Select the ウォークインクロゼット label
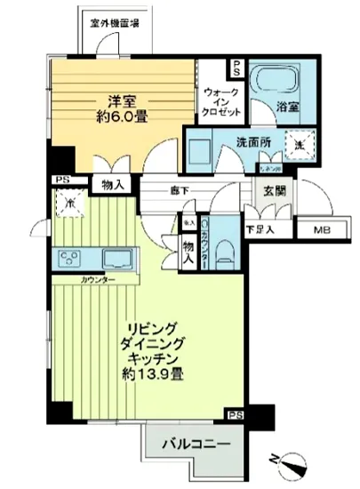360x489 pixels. (220, 103)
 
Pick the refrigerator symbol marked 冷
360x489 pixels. (68, 204)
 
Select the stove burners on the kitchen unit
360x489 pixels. (70, 260)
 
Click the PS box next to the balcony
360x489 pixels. (235, 413)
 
